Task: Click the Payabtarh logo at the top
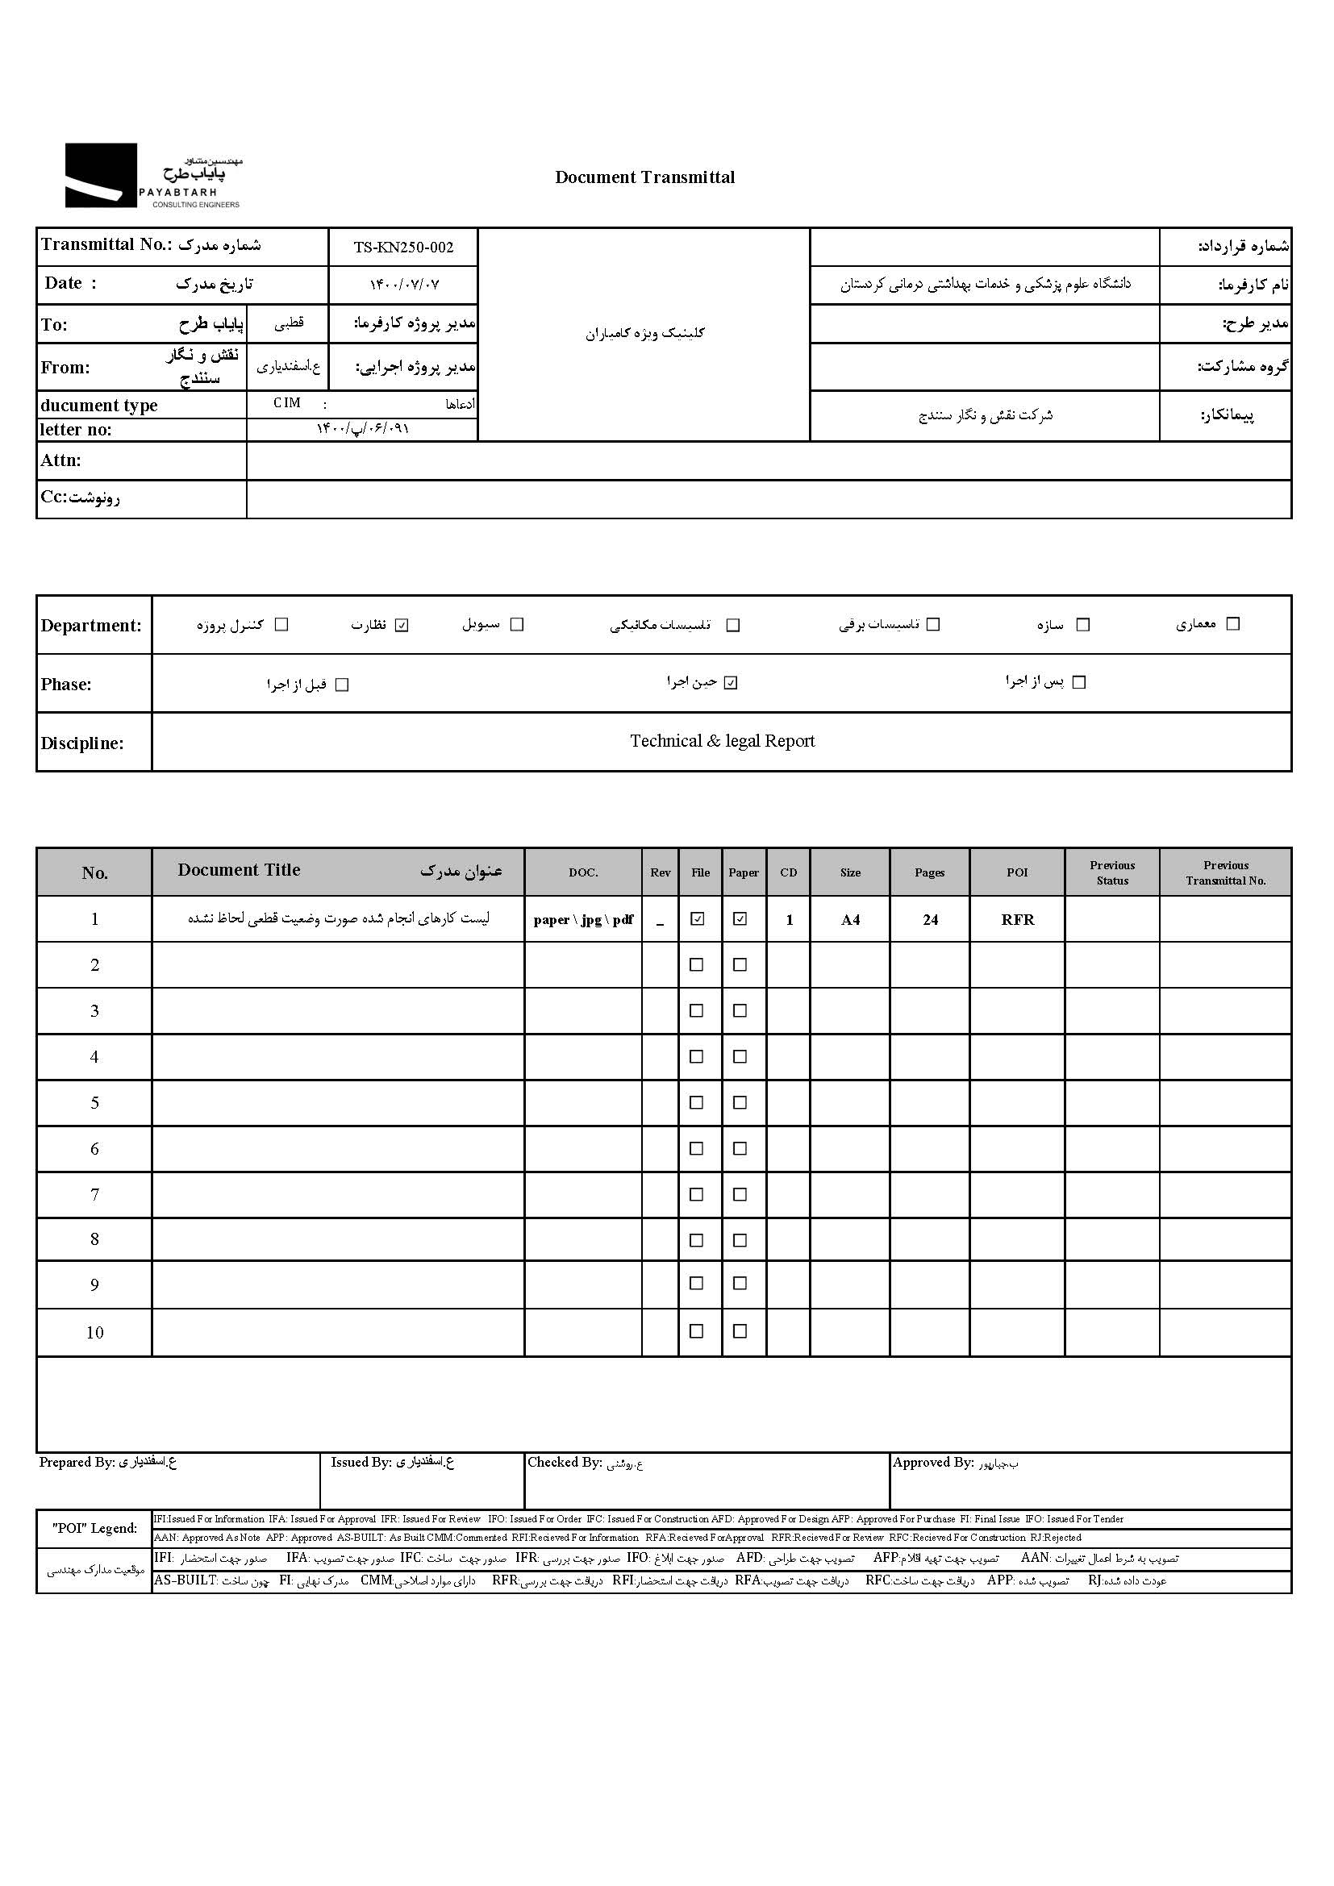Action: pos(152,176)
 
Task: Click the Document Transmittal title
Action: pos(645,177)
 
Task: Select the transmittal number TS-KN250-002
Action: pos(403,248)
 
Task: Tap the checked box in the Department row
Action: pos(402,625)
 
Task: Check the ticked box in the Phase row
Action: pos(731,683)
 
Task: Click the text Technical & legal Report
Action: pos(722,741)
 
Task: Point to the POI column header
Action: pos(1017,872)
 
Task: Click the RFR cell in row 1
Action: pos(1017,920)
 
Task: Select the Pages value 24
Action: pos(930,920)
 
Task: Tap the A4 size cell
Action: pos(850,920)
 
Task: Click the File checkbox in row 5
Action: pos(697,1102)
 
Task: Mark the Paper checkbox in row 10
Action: pos(740,1331)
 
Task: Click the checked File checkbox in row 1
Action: pos(698,919)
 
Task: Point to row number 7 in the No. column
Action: pos(94,1195)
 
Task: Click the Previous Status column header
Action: pos(1112,872)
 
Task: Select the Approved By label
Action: pos(933,1462)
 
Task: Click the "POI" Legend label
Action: pos(94,1528)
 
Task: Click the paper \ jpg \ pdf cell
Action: pos(583,920)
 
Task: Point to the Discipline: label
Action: pos(82,743)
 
